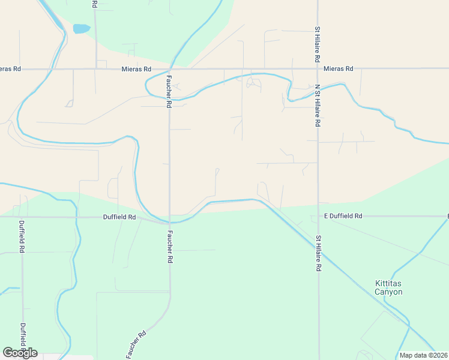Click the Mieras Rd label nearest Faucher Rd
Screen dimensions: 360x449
click(x=136, y=70)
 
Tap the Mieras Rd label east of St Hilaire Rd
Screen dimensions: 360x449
click(x=339, y=69)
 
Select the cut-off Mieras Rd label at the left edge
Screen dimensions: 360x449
click(x=10, y=69)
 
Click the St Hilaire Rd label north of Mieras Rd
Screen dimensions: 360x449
click(x=318, y=45)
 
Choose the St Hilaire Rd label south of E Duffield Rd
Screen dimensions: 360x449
click(x=318, y=254)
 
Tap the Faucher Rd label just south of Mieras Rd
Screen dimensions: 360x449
click(x=169, y=91)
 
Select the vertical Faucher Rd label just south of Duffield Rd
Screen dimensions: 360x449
click(x=170, y=247)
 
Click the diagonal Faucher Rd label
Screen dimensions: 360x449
click(x=136, y=345)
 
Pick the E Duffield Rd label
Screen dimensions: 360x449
click(x=343, y=215)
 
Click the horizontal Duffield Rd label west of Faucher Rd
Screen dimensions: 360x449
click(x=119, y=217)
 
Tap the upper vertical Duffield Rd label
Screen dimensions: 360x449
click(x=22, y=236)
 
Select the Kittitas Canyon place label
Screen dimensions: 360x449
click(x=388, y=287)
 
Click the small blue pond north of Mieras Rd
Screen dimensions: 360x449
click(x=81, y=28)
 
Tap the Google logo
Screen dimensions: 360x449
click(x=20, y=352)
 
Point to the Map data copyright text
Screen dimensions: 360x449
click(x=423, y=355)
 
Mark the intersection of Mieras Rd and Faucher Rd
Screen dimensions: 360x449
click(x=170, y=69)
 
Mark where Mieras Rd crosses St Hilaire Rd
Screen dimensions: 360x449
click(x=318, y=68)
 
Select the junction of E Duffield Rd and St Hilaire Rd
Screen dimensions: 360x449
click(x=318, y=216)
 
